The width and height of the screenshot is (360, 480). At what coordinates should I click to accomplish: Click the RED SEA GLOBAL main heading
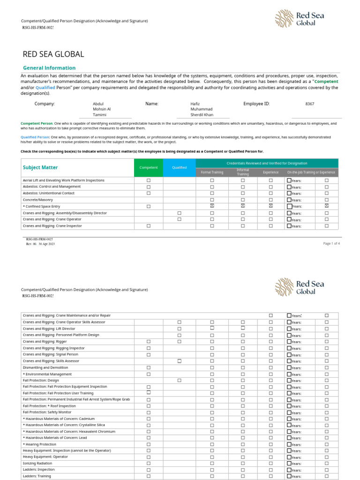[53, 54]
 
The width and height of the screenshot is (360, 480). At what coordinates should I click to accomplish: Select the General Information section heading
[49, 68]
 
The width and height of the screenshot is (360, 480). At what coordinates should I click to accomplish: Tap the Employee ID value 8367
[310, 104]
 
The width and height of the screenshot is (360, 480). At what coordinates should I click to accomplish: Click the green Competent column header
[149, 167]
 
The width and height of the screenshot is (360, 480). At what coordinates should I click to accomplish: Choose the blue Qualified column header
[179, 167]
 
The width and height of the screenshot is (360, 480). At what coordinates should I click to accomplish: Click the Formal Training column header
[212, 172]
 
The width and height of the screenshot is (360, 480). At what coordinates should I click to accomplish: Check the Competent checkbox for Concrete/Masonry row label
[38, 200]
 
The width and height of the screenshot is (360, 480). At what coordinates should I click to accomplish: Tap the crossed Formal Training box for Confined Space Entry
[212, 206]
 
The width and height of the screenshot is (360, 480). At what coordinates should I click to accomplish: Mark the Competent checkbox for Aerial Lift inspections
[149, 180]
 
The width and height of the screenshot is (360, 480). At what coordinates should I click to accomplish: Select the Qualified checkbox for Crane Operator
[179, 219]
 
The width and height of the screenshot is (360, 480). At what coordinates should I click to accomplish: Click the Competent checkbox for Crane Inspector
[149, 226]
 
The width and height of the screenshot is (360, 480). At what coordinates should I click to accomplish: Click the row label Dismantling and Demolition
[45, 367]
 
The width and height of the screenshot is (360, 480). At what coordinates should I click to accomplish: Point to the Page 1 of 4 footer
[331, 244]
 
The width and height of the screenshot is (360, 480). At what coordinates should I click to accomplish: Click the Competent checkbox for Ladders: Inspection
[149, 470]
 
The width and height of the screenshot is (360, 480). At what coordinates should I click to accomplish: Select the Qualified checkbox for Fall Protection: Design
[179, 381]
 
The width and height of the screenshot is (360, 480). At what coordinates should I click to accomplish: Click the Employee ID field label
[256, 104]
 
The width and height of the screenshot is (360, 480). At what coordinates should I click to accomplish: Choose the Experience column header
[270, 172]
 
